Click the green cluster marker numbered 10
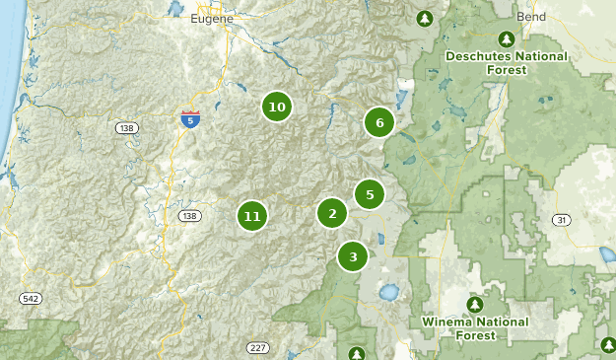coord(277,107)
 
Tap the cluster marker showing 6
coord(378,123)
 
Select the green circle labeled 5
coord(370,194)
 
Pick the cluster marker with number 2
coord(332,213)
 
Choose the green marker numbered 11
coord(252,216)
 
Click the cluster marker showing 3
coord(352,256)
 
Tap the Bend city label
coord(531,18)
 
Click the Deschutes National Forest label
coord(507,63)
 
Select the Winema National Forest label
coord(475,327)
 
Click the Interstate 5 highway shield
coord(190,119)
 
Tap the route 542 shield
coord(31,297)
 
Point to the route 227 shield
coord(257,348)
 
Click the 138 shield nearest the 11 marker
coord(189,215)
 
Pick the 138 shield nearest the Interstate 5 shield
coord(126,128)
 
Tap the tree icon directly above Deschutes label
coord(507,38)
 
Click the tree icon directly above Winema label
coord(475,303)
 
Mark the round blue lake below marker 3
coord(389,293)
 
